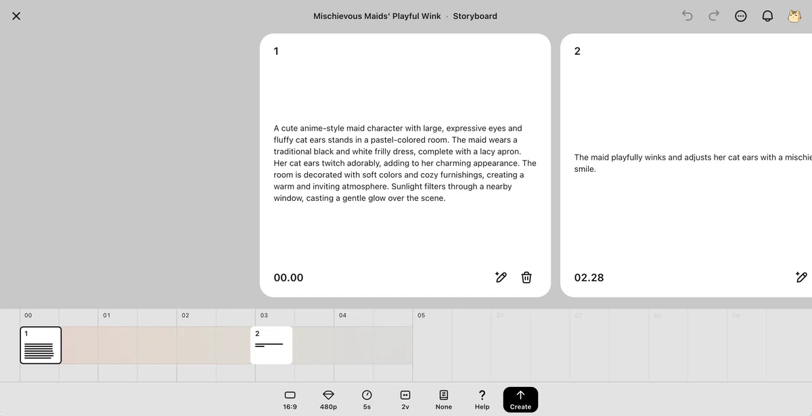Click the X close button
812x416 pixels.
point(16,16)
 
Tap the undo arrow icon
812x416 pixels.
point(687,16)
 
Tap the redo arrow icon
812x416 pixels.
point(714,16)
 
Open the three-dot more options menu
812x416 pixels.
point(740,16)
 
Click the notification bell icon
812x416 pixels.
point(767,16)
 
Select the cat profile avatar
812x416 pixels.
point(794,16)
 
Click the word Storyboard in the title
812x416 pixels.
point(475,16)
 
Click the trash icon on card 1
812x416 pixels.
point(526,277)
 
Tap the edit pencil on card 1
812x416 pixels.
point(501,277)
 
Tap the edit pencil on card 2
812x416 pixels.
point(801,277)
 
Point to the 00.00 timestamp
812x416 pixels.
point(288,277)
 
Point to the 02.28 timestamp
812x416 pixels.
point(589,277)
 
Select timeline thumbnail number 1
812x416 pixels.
point(41,345)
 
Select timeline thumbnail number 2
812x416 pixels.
point(271,345)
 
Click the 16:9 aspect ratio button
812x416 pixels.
point(290,400)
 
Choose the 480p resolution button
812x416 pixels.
point(328,400)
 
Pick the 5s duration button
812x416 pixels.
point(367,400)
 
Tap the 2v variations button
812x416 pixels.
point(405,400)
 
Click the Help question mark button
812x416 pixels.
point(482,400)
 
